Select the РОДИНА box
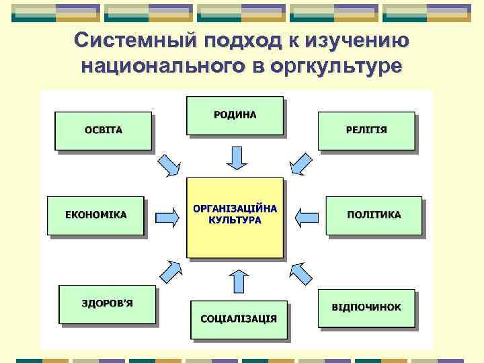235,115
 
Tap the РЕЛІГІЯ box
366,130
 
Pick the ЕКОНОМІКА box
95,215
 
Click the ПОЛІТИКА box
374,215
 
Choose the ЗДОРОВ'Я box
107,303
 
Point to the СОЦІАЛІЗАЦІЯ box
239,318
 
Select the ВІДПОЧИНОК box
366,307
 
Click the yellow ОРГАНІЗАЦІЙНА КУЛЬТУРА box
235,217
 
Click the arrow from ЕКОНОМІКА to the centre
167,216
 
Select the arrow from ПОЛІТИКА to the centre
307,216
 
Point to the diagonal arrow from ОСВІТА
171,165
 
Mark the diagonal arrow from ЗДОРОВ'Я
170,270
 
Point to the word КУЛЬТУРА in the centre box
235,220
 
